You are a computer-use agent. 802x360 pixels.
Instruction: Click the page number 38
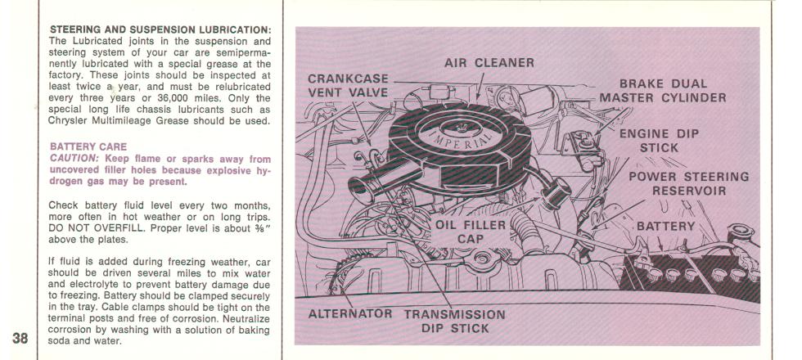tap(20, 339)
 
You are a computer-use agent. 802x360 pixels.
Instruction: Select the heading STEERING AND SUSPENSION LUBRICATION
tap(160, 29)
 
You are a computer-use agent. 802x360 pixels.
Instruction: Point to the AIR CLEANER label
tap(489, 63)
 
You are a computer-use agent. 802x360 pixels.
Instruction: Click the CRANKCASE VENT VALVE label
tap(348, 86)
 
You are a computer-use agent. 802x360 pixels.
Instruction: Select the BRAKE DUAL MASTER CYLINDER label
tap(663, 91)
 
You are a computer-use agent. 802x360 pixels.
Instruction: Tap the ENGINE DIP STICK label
tap(659, 141)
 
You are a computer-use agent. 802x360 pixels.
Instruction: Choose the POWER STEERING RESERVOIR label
tap(688, 183)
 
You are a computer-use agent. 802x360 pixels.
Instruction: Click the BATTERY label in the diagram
tap(666, 226)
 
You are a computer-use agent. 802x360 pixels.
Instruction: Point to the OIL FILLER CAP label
tap(471, 232)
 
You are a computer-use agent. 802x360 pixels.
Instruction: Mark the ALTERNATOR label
tap(350, 313)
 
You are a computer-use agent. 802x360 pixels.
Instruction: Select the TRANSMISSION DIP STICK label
tap(455, 321)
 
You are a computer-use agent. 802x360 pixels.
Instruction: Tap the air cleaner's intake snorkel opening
tap(358, 190)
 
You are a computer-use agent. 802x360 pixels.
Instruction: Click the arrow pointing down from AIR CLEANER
tap(480, 86)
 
